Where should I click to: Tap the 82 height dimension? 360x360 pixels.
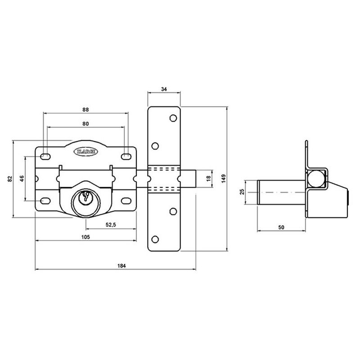point(10,179)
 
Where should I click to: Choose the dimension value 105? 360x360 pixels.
point(85,237)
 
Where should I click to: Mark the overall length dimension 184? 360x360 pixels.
point(121,266)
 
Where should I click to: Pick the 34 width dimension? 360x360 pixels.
point(164,90)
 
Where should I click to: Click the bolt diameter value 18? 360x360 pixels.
point(207,178)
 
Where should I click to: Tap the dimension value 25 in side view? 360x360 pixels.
point(241,192)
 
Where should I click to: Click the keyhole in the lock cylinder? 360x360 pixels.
point(84,198)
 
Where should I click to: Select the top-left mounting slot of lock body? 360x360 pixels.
point(45,156)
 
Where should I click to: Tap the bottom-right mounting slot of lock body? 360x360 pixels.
point(126,201)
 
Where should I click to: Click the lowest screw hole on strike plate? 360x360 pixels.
point(156,238)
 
